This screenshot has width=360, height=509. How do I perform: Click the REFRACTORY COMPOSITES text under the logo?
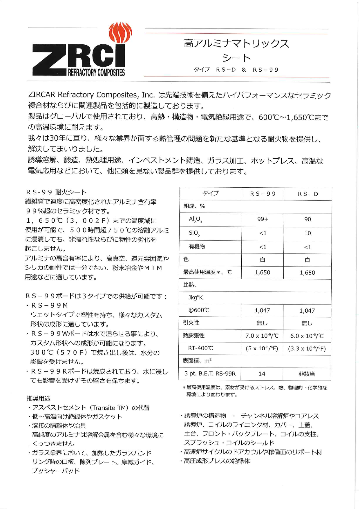(96, 73)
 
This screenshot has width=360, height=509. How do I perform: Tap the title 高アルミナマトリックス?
(236, 44)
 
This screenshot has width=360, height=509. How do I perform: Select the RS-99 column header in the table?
(263, 194)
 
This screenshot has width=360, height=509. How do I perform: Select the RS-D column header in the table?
(308, 194)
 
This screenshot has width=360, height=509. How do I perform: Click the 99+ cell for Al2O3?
(263, 219)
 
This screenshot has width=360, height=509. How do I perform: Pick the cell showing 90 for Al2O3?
(308, 219)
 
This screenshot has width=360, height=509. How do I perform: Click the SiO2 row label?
(194, 233)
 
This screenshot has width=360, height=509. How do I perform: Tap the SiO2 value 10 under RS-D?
(308, 233)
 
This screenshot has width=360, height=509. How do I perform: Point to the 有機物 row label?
(197, 247)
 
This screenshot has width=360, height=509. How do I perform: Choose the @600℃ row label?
(199, 310)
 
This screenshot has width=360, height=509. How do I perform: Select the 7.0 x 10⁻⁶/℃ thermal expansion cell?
(262, 336)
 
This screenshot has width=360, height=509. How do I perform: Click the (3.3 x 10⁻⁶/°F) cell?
(307, 348)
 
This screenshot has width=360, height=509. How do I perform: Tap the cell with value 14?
(262, 374)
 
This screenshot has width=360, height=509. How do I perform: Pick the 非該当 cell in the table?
(307, 374)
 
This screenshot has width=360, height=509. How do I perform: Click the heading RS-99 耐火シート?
(57, 192)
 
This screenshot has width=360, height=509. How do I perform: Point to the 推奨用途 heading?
(38, 398)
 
